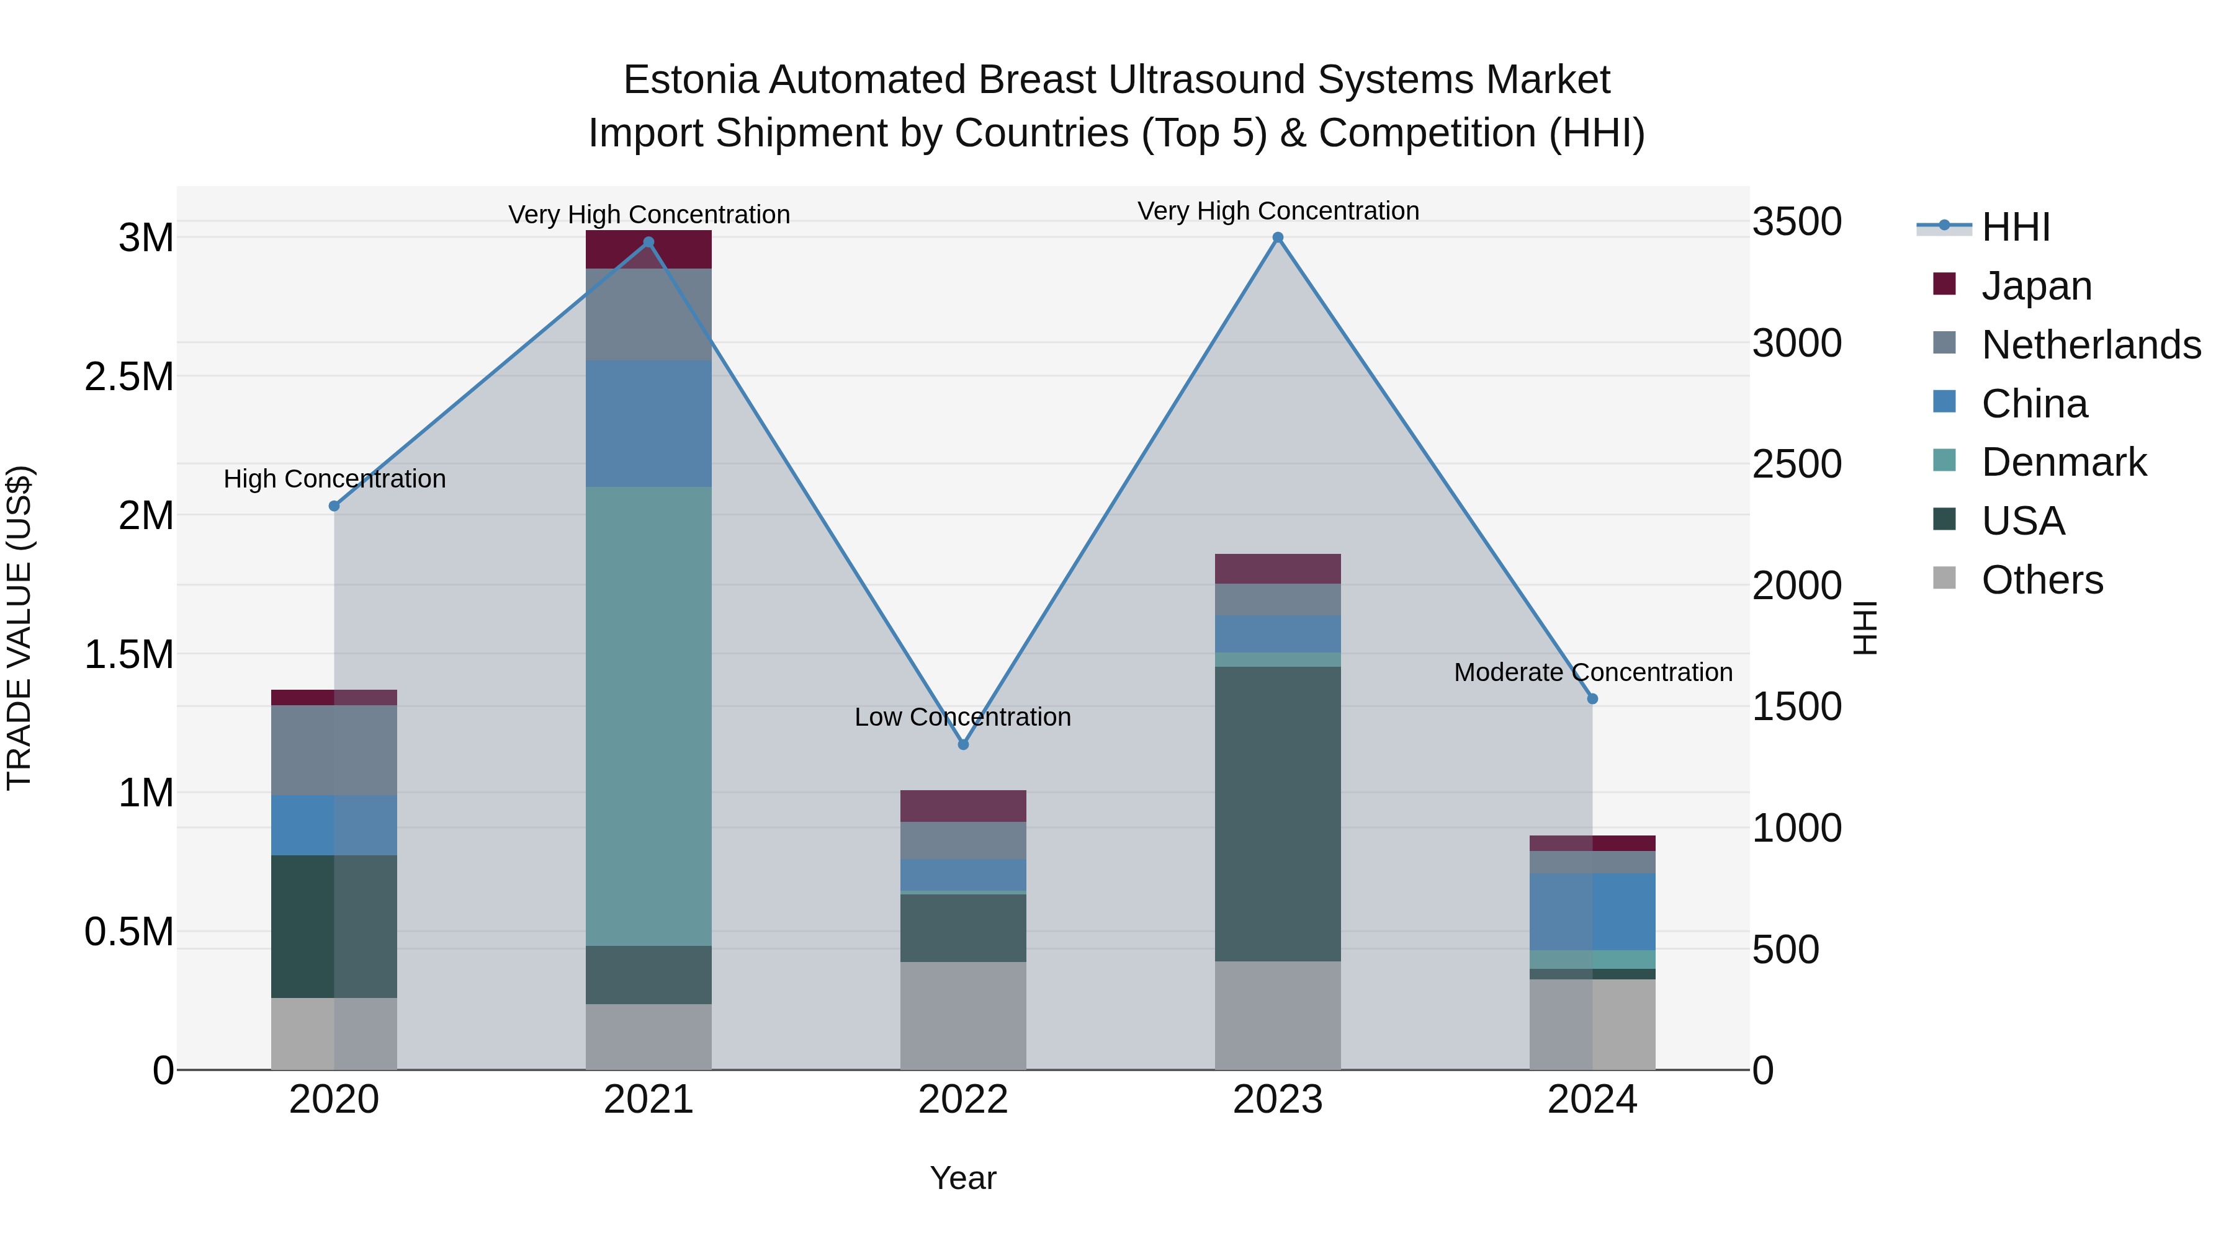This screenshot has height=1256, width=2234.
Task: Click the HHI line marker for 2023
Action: (x=1278, y=238)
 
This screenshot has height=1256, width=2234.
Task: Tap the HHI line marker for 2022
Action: (x=962, y=744)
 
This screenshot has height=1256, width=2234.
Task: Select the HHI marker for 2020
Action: (x=334, y=506)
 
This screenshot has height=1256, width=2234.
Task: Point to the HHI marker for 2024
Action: (x=1592, y=698)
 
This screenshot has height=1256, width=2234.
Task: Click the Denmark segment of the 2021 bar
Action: (x=648, y=716)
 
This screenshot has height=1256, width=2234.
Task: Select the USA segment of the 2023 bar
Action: (x=1278, y=813)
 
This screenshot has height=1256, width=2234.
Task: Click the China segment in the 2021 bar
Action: (x=648, y=424)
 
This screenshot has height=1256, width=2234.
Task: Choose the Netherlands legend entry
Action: (x=2090, y=345)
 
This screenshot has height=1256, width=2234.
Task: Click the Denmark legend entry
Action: (x=2063, y=462)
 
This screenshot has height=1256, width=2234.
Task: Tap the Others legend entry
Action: (x=2042, y=580)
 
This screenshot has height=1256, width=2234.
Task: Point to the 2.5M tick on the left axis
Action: (x=128, y=377)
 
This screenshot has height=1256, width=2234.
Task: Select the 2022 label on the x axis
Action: (x=962, y=1100)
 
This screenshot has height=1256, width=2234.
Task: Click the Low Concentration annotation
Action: (x=962, y=717)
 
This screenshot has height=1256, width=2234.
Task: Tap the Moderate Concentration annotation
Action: (x=1593, y=672)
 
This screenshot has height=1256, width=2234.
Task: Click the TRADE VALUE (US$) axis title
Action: (x=19, y=628)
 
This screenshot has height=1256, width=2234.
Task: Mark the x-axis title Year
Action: (x=962, y=1178)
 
